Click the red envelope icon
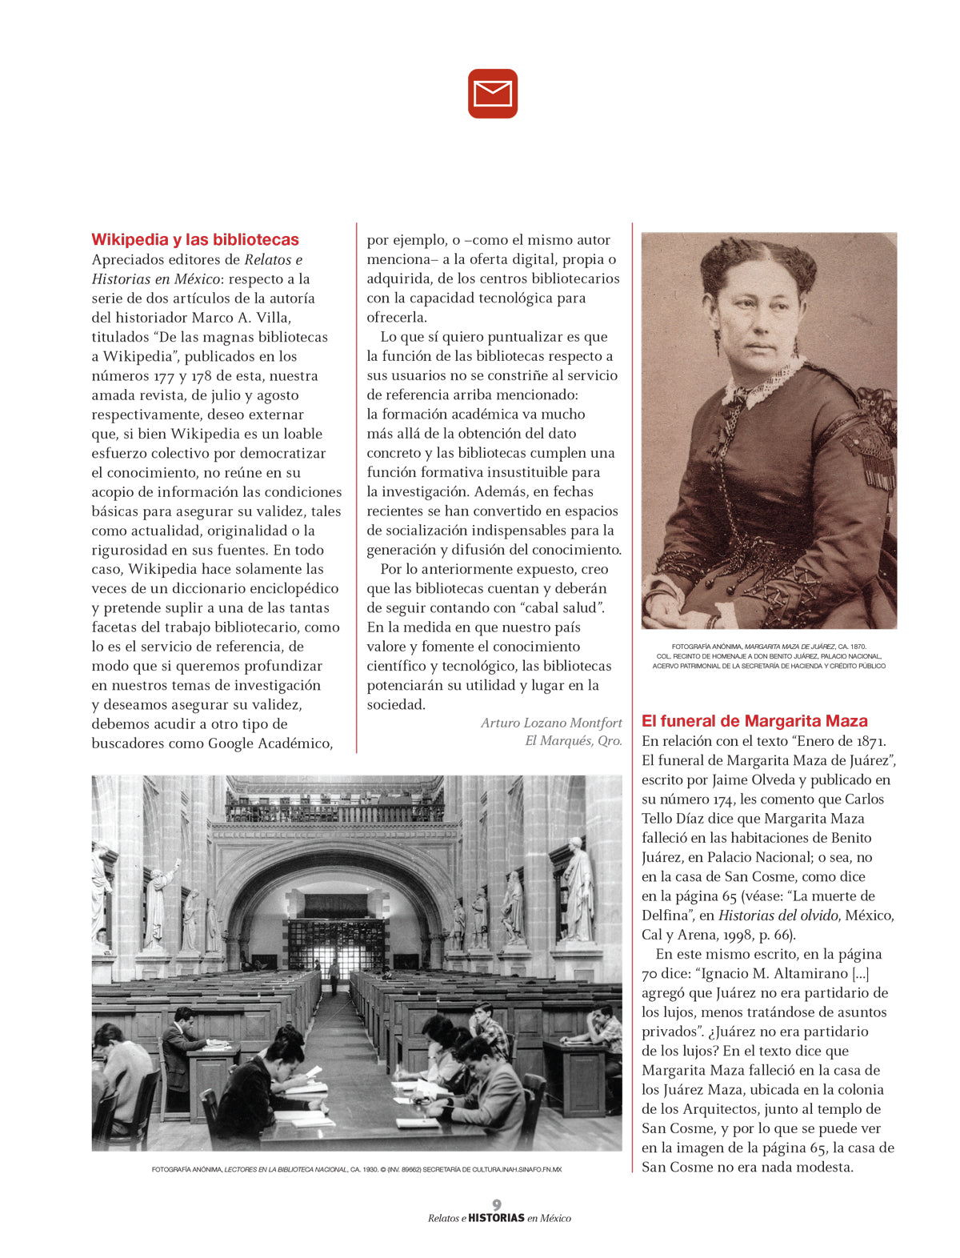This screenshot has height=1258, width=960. click(493, 94)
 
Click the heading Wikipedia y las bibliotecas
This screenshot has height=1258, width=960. click(194, 239)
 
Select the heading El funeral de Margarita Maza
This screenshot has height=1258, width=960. click(754, 721)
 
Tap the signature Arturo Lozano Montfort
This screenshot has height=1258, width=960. click(551, 723)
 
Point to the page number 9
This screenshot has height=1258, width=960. click(497, 1204)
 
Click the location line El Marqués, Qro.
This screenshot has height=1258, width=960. click(573, 741)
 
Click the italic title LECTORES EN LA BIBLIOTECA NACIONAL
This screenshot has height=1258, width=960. click(286, 1170)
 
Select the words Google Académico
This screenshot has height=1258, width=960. click(269, 743)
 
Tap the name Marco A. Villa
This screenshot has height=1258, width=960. click(241, 318)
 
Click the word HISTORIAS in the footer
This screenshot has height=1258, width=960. click(496, 1219)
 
